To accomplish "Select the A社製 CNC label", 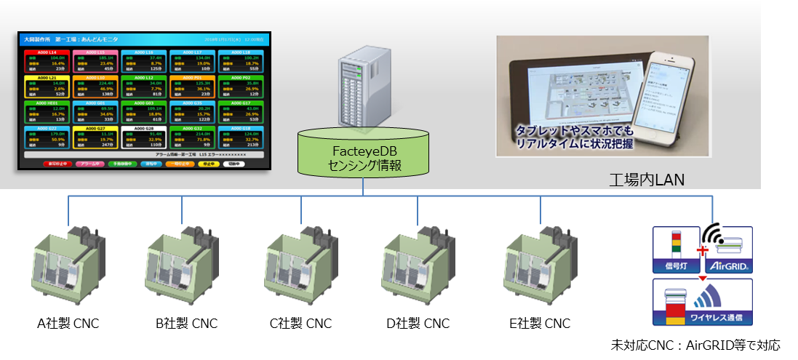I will (x=68, y=324).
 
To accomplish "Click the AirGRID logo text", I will (x=726, y=267).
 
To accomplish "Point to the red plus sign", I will (x=702, y=252).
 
